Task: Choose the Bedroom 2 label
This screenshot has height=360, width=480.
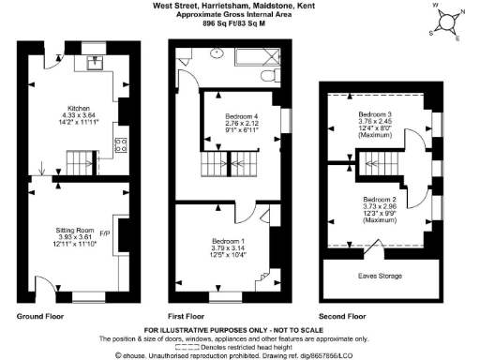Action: click(381, 200)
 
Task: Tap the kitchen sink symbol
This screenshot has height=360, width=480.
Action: click(96, 63)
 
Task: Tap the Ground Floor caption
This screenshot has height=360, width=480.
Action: click(39, 317)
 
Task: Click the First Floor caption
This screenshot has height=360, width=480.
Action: click(189, 317)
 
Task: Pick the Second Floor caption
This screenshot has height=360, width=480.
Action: click(345, 317)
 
